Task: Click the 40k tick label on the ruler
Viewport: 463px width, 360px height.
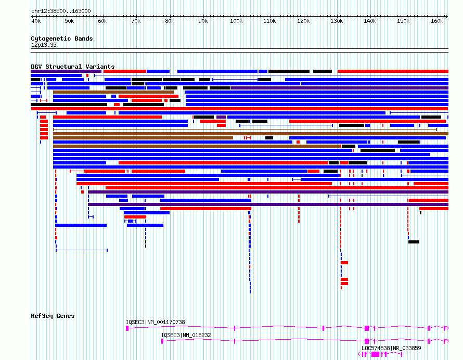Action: pos(36,21)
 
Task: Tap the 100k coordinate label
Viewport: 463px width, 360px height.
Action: pos(236,21)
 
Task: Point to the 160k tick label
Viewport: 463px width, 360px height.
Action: pos(436,21)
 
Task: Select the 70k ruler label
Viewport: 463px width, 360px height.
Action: pos(136,21)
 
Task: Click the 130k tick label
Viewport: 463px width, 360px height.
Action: pos(337,21)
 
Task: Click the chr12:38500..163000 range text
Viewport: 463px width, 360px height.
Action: pos(61,11)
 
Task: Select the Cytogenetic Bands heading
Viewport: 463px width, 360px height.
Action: pos(62,38)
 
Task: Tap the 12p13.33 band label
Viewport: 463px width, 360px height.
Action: pos(44,45)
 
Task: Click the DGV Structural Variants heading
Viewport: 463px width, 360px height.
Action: pos(73,67)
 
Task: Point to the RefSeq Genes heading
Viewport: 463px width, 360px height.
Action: pos(53,316)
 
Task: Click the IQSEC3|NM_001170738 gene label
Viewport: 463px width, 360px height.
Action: pos(156,322)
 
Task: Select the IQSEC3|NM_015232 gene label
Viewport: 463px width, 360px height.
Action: pos(186,335)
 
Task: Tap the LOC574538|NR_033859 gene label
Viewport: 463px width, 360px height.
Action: pos(391,348)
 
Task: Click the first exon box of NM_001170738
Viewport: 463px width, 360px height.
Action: pos(127,328)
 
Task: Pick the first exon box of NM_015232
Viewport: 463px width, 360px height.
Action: pos(162,341)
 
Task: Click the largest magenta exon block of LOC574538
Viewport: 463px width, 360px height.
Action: pos(375,354)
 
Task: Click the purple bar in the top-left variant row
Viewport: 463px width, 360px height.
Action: pos(66,71)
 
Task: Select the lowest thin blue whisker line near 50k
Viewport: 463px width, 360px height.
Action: pos(82,250)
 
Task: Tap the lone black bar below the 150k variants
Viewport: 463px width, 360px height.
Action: pos(414,242)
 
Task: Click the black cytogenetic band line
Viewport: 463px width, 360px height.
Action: pos(239,49)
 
